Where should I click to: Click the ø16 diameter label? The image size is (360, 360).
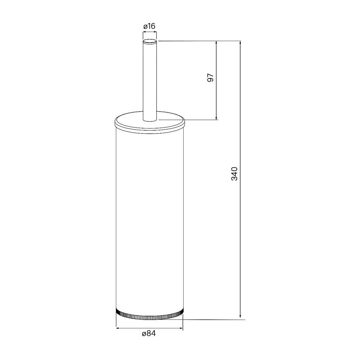pyautogui.click(x=149, y=26)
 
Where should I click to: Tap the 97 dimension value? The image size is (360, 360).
pyautogui.click(x=210, y=78)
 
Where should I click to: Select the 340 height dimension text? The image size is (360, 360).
pyautogui.click(x=234, y=174)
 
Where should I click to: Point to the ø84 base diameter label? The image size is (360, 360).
pyautogui.click(x=149, y=333)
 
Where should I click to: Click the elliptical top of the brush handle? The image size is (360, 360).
pyautogui.click(x=150, y=41)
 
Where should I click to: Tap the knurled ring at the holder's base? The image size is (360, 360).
pyautogui.click(x=149, y=315)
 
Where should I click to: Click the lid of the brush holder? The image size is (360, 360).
pyautogui.click(x=149, y=123)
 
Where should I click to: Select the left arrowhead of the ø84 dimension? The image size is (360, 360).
pyautogui.click(x=118, y=328)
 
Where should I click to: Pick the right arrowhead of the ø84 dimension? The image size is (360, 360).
pyautogui.click(x=181, y=328)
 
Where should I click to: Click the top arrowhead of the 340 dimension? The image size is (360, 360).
pyautogui.click(x=240, y=43)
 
